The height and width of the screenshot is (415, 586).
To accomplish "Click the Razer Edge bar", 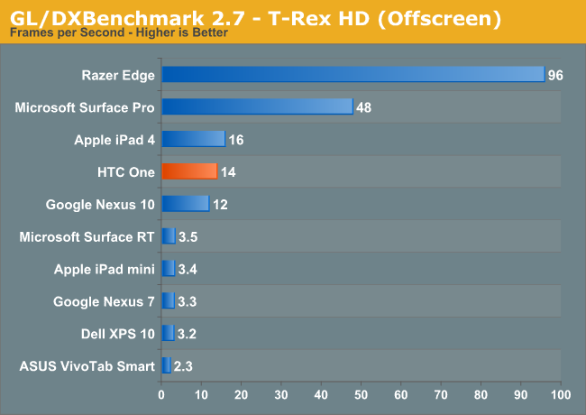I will click(x=353, y=74).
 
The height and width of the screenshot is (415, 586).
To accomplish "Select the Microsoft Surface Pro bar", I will click(x=257, y=106).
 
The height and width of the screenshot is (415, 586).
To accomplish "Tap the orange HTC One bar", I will click(x=189, y=171).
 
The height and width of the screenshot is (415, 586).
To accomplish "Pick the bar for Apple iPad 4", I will click(x=193, y=139).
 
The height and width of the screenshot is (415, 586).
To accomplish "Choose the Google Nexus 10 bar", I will click(x=185, y=204).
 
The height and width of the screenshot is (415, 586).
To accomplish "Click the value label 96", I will click(x=555, y=75).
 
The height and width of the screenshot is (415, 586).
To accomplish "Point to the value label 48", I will click(x=364, y=107).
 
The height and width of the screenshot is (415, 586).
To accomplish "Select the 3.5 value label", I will click(x=188, y=237).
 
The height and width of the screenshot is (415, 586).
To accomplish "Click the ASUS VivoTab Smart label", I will click(x=87, y=366).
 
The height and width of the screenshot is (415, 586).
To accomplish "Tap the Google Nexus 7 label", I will click(x=104, y=301).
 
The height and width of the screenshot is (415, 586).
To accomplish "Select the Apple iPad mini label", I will click(x=105, y=269).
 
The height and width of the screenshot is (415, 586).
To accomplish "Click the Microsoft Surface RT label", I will click(x=87, y=236).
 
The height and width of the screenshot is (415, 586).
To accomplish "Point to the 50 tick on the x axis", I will click(x=362, y=394).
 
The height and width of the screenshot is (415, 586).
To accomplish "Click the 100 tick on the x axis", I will click(x=561, y=394).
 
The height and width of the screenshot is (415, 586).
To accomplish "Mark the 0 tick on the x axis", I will click(x=161, y=394).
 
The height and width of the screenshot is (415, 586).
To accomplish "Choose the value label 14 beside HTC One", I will click(x=228, y=172).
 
